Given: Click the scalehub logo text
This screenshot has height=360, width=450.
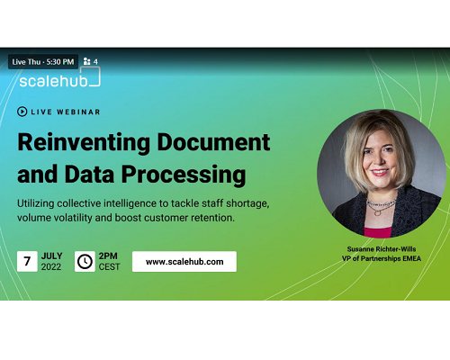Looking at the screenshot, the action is click(x=53, y=81).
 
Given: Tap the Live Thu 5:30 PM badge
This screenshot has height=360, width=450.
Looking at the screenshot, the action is click(x=43, y=62).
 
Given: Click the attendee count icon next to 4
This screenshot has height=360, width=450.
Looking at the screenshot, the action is click(x=86, y=61).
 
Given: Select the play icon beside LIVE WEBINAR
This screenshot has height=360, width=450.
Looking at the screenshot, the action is click(x=22, y=112).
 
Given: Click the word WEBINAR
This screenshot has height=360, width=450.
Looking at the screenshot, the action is click(x=78, y=112).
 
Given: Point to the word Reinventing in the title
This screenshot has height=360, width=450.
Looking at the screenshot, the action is click(x=84, y=143).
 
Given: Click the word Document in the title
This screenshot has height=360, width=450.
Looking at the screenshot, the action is click(x=213, y=142).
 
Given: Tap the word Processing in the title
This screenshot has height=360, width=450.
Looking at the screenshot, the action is click(x=184, y=175).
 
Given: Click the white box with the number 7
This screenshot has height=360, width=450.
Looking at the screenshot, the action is click(x=27, y=262).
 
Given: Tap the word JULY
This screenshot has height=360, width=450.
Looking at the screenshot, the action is click(x=52, y=256).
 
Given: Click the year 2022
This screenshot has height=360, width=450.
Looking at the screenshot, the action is click(x=51, y=267).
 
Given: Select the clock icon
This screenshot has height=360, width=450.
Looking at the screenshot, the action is click(x=85, y=262).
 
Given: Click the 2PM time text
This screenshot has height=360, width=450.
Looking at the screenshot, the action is click(x=108, y=256).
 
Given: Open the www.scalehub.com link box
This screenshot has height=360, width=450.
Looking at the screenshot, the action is click(x=184, y=262).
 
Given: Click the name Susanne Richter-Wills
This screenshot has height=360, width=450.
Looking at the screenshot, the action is click(x=382, y=249).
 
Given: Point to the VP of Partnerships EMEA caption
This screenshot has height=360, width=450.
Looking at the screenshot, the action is click(x=382, y=258).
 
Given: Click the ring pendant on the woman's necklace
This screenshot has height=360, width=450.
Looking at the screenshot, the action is click(x=378, y=212).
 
